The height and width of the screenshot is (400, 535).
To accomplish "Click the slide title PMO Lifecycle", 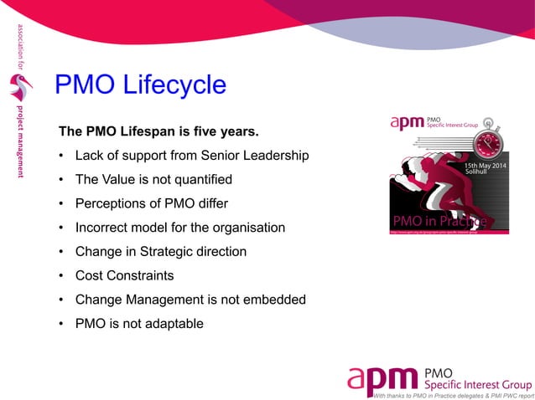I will (x=140, y=85).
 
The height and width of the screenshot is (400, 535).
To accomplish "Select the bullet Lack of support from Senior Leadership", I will (x=192, y=156).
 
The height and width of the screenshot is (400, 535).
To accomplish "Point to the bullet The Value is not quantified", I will (x=153, y=179).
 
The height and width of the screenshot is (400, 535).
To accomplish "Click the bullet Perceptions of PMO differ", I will (x=152, y=203).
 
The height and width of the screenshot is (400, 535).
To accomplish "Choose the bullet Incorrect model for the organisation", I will (x=179, y=228).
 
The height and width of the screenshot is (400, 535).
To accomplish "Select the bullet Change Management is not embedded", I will (x=190, y=299).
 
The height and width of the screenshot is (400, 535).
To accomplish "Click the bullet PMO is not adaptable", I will (x=138, y=323).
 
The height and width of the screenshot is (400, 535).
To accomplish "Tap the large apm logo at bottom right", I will (x=382, y=378).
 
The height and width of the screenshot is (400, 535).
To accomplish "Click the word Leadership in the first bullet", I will (x=278, y=156).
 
